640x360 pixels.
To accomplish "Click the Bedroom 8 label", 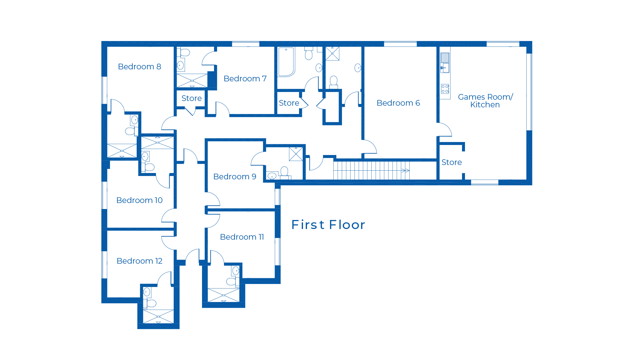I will tap(139, 67).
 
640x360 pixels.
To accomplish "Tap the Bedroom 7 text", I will tap(245, 79).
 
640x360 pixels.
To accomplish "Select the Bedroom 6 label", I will tap(398, 103).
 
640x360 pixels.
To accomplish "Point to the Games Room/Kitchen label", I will tap(485, 101).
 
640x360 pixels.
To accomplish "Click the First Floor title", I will tap(328, 225).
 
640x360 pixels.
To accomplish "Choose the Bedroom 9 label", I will tap(235, 177).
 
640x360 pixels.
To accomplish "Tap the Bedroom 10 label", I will tap(139, 200).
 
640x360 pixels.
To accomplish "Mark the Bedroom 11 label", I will tap(242, 237).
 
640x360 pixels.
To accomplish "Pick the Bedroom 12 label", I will tap(139, 261).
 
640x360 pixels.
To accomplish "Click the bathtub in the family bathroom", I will tap(286, 62).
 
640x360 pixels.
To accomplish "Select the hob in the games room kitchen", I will tap(445, 89).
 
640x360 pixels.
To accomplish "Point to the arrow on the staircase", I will tap(405, 171).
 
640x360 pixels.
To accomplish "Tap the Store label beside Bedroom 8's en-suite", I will tap(191, 98).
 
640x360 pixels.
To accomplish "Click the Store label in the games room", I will tap(451, 162).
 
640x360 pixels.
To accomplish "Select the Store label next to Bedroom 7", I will tap(289, 103).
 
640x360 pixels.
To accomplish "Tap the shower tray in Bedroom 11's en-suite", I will tap(224, 295).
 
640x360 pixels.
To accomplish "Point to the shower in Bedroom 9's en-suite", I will tap(296, 154).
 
